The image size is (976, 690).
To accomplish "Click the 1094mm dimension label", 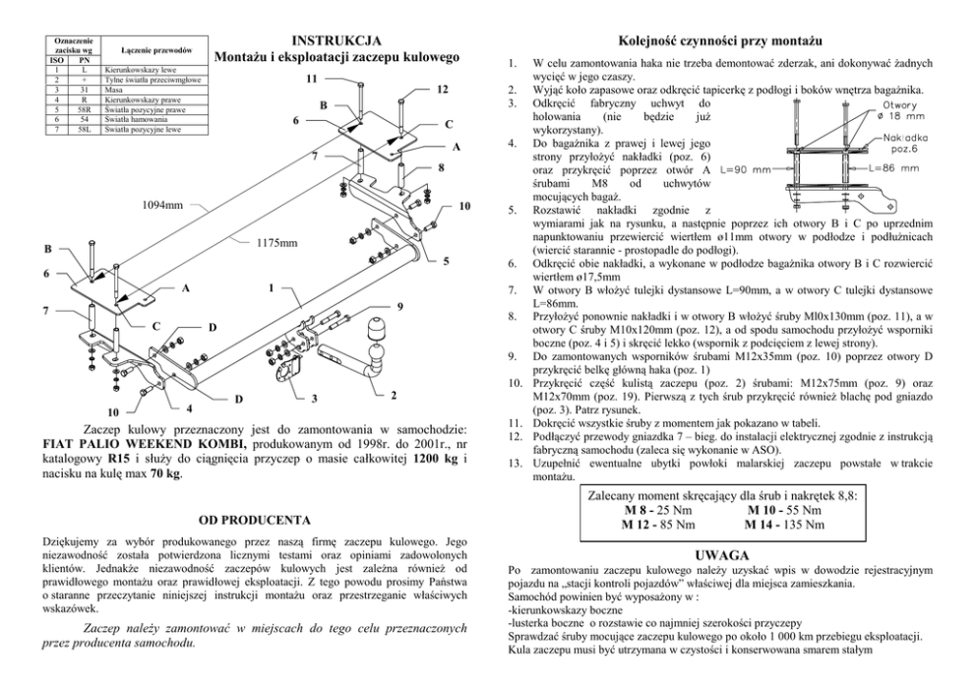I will pyautogui.click(x=163, y=206).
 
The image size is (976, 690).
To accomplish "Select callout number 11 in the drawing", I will pyautogui.click(x=311, y=78).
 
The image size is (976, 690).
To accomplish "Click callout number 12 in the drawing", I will pyautogui.click(x=443, y=91).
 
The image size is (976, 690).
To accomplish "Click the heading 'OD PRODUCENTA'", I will pyautogui.click(x=255, y=518).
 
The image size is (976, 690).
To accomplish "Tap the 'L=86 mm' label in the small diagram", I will pyautogui.click(x=894, y=168).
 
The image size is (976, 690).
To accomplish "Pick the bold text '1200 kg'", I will pyautogui.click(x=434, y=459).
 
